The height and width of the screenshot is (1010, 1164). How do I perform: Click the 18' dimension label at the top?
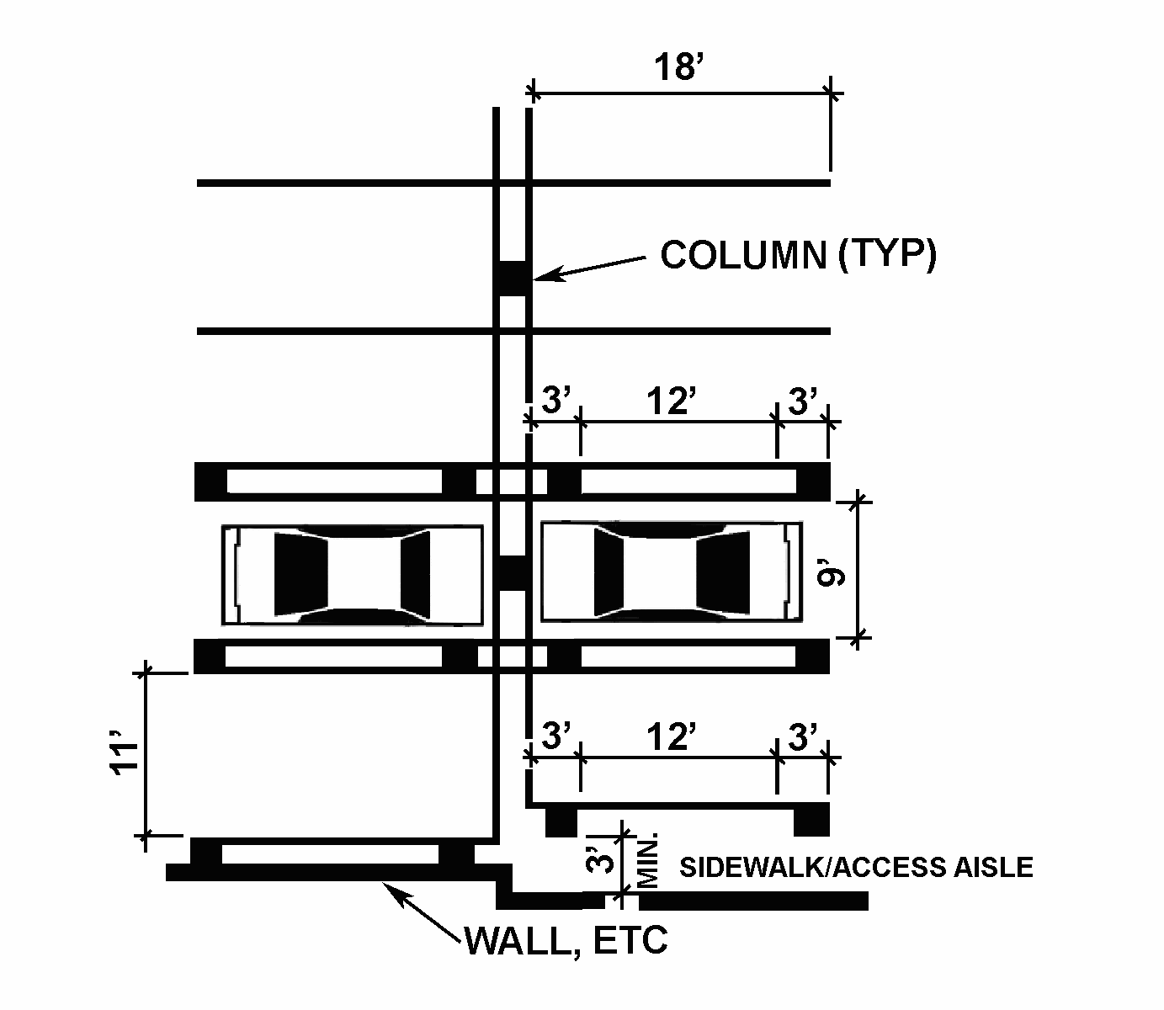(x=678, y=66)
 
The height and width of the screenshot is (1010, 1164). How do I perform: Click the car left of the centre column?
(x=353, y=574)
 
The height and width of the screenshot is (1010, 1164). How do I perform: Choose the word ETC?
(x=630, y=941)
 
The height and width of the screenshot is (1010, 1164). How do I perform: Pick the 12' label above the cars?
(x=670, y=401)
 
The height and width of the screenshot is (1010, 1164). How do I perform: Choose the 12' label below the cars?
(x=671, y=737)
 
